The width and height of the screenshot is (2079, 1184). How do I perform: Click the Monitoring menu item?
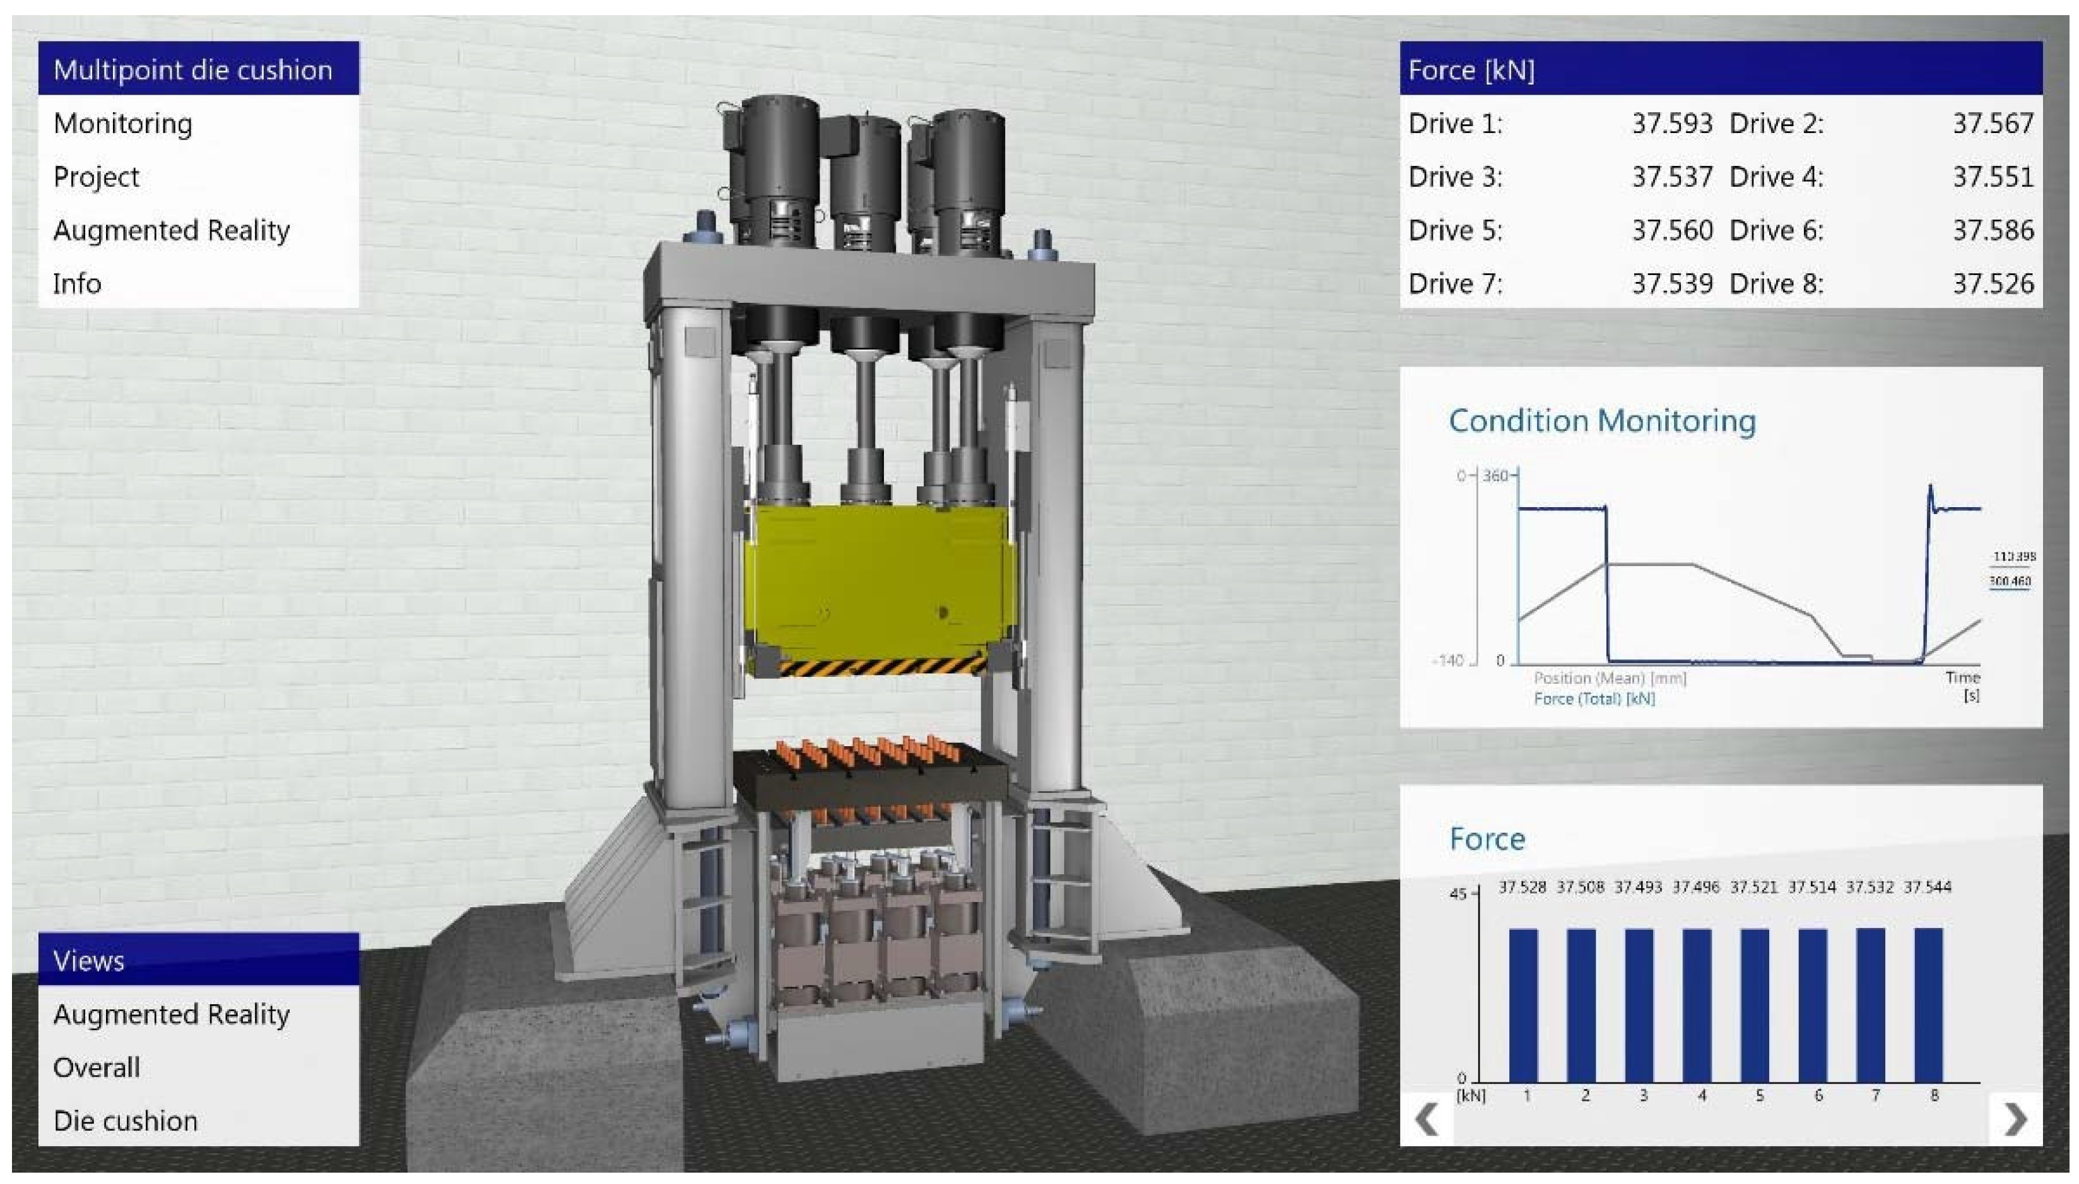pyautogui.click(x=123, y=124)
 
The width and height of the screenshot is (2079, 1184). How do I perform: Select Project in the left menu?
pyautogui.click(x=96, y=177)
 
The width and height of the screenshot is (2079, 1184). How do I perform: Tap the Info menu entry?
pyautogui.click(x=77, y=284)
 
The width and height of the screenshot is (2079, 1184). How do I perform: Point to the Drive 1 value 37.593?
pyautogui.click(x=1671, y=124)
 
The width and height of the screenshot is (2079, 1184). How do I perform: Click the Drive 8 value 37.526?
pyautogui.click(x=1992, y=284)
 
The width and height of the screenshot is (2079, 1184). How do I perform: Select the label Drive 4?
pyautogui.click(x=1776, y=177)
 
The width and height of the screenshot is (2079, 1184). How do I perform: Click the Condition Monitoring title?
pyautogui.click(x=1601, y=420)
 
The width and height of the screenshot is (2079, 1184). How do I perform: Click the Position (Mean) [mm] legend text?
pyautogui.click(x=1610, y=678)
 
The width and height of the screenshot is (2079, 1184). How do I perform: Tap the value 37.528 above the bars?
pyautogui.click(x=1522, y=887)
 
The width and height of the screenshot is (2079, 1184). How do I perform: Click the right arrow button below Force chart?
pyautogui.click(x=2015, y=1120)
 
